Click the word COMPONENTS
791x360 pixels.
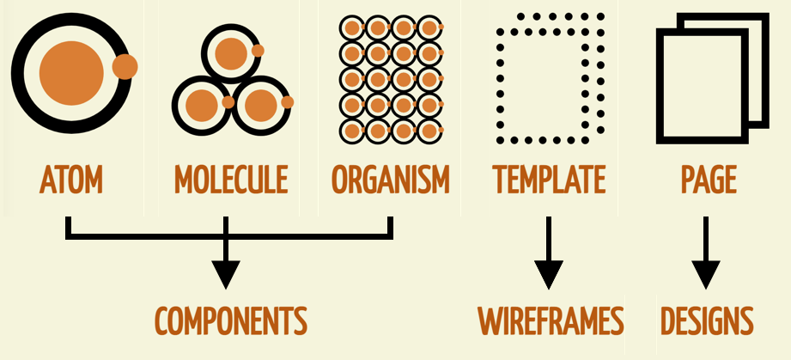click(x=230, y=320)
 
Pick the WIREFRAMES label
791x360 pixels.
click(x=550, y=320)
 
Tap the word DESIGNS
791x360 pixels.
click(x=707, y=320)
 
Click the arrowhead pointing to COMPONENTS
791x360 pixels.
click(x=225, y=273)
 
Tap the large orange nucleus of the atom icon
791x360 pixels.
click(x=70, y=68)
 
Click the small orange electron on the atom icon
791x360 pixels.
click(x=125, y=66)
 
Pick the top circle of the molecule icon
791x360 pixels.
click(x=230, y=53)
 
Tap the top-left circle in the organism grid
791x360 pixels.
click(x=350, y=28)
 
